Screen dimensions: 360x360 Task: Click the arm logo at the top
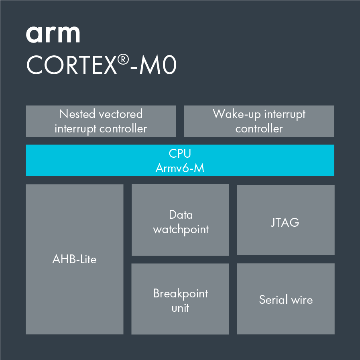tap(53, 35)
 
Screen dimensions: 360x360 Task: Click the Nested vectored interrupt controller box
tap(101, 121)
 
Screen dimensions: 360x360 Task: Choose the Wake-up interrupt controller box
tap(259, 121)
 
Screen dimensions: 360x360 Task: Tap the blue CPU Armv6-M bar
tap(180, 161)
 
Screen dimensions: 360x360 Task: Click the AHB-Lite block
tap(74, 259)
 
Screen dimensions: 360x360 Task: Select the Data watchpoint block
tap(180, 220)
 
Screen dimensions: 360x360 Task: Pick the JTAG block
tap(285, 220)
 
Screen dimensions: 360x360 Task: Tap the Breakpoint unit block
tap(180, 299)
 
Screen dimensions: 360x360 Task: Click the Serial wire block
tap(285, 299)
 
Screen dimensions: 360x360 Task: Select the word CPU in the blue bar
tap(180, 153)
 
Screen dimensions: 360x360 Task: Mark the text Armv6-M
tap(180, 168)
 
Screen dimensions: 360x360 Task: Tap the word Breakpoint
tap(181, 293)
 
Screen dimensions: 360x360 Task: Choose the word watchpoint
tap(181, 230)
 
